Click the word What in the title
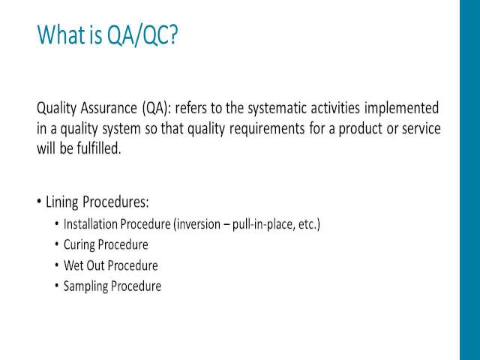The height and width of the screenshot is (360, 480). (61, 34)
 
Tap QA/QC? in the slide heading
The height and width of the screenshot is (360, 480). (142, 35)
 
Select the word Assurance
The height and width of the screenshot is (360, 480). (109, 108)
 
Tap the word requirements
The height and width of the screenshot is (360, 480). (267, 129)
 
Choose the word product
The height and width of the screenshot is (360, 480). (360, 129)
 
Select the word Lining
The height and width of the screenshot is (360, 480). (62, 202)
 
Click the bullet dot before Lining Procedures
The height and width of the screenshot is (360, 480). (39, 202)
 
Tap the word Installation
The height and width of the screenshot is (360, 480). (90, 224)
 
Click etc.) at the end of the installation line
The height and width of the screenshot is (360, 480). (309, 225)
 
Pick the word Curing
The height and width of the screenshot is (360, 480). (79, 245)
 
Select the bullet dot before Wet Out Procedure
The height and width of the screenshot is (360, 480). (57, 264)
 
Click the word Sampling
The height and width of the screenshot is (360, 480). (85, 286)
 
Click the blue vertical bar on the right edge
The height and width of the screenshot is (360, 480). (470, 180)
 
